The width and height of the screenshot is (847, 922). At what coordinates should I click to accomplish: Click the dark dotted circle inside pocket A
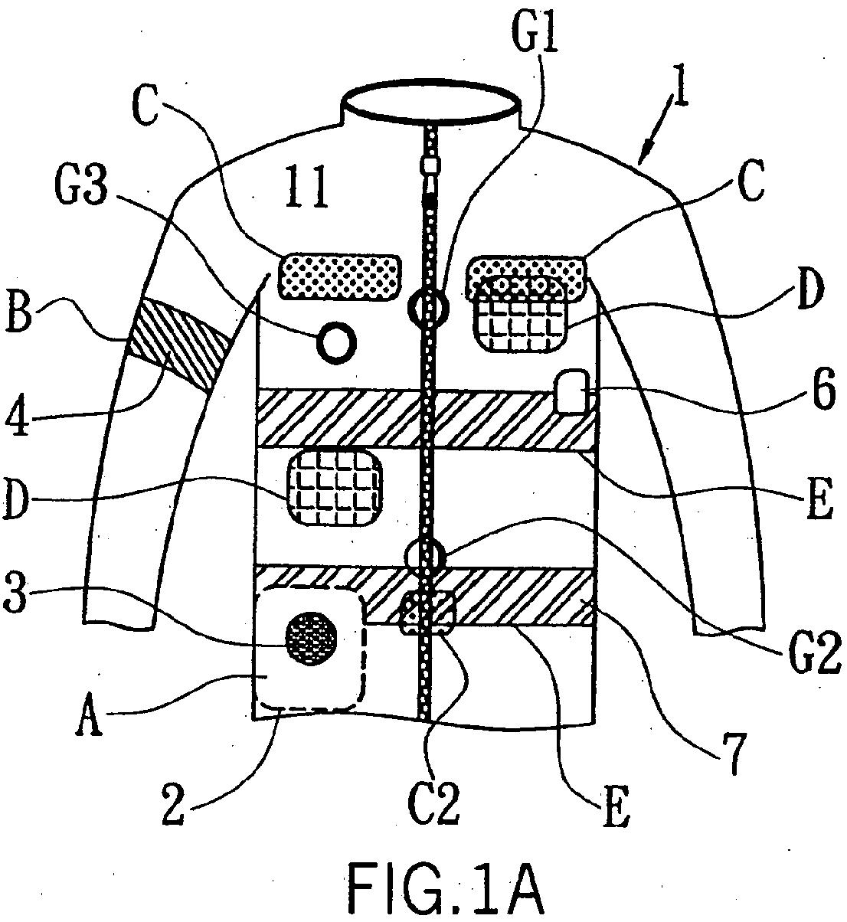click(311, 636)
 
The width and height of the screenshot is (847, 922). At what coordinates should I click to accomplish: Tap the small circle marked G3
click(336, 342)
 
